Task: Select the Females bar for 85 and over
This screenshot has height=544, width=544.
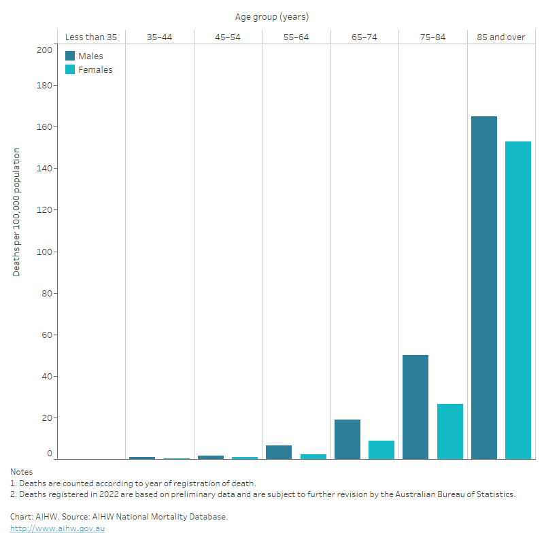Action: tap(518, 300)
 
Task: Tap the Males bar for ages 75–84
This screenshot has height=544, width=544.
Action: tap(415, 407)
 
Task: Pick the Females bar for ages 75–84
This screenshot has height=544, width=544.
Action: tap(449, 431)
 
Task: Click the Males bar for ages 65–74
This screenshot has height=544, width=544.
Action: tap(347, 439)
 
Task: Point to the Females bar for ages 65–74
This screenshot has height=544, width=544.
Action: tap(381, 449)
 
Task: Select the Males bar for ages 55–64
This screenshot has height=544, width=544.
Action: tap(279, 452)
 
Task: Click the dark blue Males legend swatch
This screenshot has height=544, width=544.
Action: tap(70, 56)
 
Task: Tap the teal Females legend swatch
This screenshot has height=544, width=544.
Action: tap(70, 69)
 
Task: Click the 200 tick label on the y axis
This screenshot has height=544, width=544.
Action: tap(44, 50)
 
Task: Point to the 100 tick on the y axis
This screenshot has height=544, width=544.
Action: tap(44, 252)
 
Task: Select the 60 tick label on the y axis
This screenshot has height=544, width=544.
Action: tap(46, 335)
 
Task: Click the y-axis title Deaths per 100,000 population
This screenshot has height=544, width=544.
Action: tap(16, 211)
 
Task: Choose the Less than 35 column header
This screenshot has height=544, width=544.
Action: tap(91, 37)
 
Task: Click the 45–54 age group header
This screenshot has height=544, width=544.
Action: tap(228, 37)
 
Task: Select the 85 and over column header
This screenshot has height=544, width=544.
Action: tap(500, 37)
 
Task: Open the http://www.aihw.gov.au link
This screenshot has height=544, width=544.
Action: tap(58, 528)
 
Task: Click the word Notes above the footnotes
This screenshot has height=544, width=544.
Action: tap(21, 471)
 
